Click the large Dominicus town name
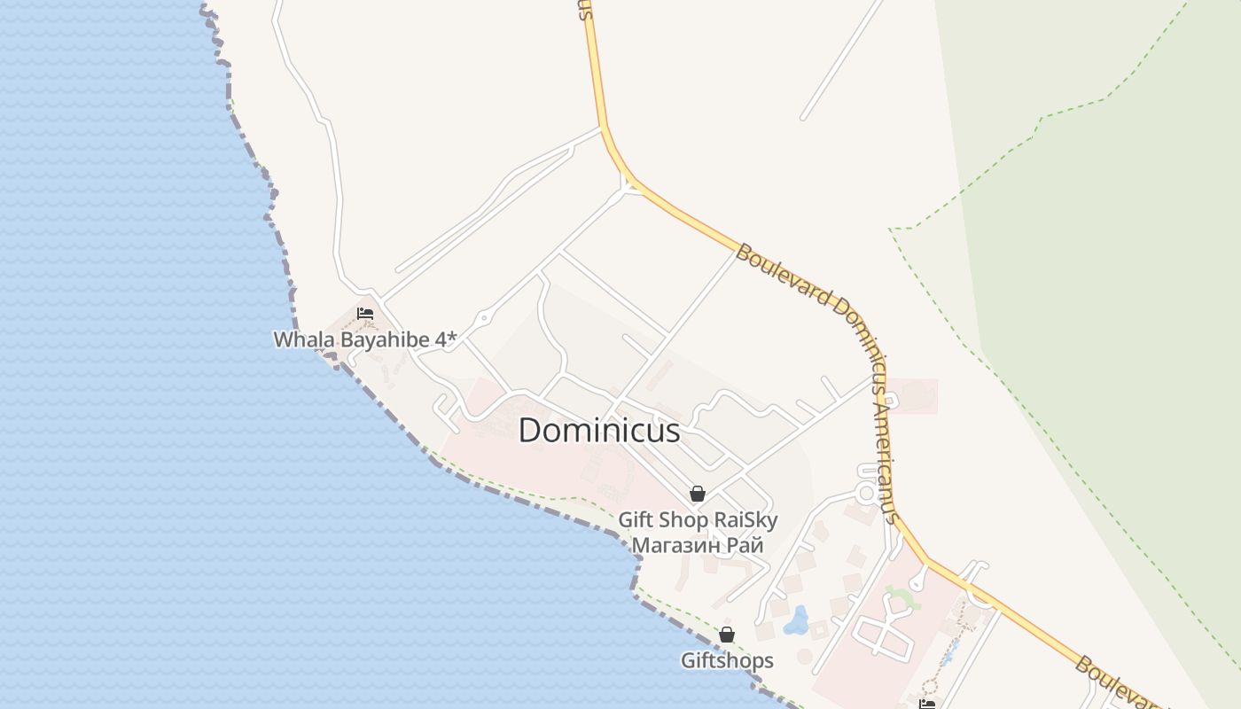(x=599, y=431)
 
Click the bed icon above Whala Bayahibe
(x=364, y=313)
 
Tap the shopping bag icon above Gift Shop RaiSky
(x=698, y=494)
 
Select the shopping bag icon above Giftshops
(x=727, y=635)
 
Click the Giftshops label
(x=727, y=660)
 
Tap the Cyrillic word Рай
(x=745, y=545)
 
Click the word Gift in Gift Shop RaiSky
(x=636, y=520)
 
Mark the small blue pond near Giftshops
(x=800, y=618)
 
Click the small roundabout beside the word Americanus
(x=865, y=494)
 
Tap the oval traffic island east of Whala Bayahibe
(x=483, y=318)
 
